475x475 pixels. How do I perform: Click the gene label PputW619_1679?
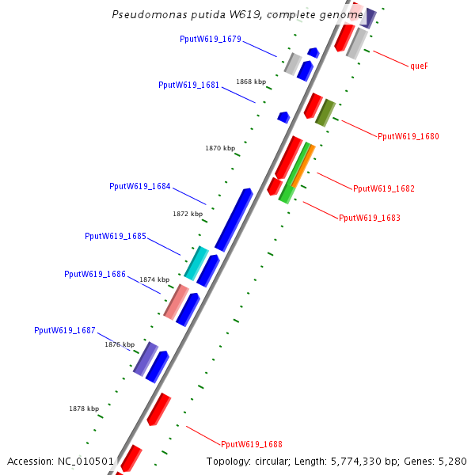(211, 40)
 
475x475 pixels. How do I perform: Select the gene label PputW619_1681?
(189, 85)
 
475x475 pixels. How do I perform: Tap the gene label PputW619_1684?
(140, 187)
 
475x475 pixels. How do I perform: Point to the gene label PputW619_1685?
(116, 236)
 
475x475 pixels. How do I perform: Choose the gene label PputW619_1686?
(95, 274)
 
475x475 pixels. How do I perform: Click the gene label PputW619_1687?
(65, 330)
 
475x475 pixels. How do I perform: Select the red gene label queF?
(419, 66)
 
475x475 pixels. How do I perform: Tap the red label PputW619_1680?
(408, 136)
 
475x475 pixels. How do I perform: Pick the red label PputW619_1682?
(384, 188)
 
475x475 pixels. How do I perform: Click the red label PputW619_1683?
(370, 218)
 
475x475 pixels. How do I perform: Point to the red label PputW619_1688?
(252, 444)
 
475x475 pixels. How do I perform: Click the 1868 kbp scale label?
(251, 82)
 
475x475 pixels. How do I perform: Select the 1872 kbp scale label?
(188, 214)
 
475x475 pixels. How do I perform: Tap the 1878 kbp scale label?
(84, 408)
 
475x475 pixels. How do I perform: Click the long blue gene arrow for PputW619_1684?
(234, 219)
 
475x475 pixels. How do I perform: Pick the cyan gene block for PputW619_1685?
(196, 263)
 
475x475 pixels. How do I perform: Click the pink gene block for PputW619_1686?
(176, 301)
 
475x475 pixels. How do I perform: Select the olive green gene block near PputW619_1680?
(325, 112)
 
